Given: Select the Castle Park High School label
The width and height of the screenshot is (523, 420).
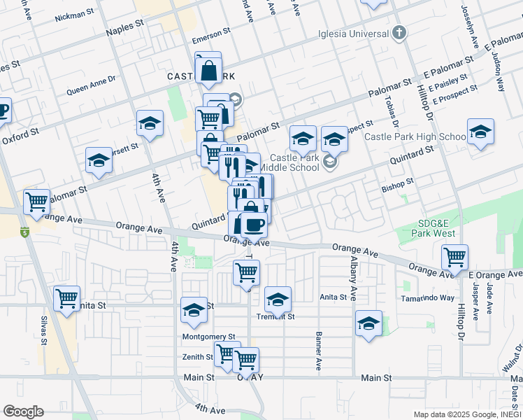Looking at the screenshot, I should coord(415,136).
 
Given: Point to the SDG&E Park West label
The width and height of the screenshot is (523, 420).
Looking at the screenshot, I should coord(437,228).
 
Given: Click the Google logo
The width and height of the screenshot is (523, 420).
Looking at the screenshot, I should coord(23,412).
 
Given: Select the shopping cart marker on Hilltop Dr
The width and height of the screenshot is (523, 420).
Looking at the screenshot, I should coord(454,257).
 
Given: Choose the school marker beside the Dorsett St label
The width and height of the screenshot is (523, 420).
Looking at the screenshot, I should coord(99,160).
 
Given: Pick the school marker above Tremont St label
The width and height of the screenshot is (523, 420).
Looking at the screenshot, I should coord(278,300).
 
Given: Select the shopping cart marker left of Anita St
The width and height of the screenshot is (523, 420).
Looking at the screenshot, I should coord(67,298).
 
